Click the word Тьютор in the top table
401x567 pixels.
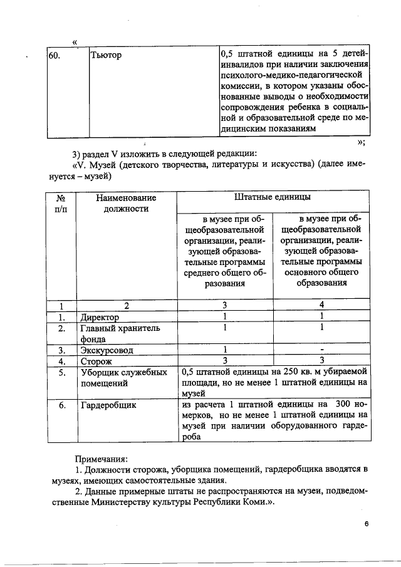tap(107, 56)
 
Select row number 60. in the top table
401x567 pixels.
tap(55, 56)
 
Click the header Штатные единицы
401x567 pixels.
tap(272, 197)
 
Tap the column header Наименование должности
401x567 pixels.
tap(126, 203)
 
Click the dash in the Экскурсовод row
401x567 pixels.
tap(321, 350)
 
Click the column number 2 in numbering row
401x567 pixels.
tap(126, 306)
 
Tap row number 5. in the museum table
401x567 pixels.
tap(62, 372)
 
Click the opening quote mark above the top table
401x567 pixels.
tap(75, 42)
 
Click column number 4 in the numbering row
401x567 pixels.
tap(321, 306)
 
